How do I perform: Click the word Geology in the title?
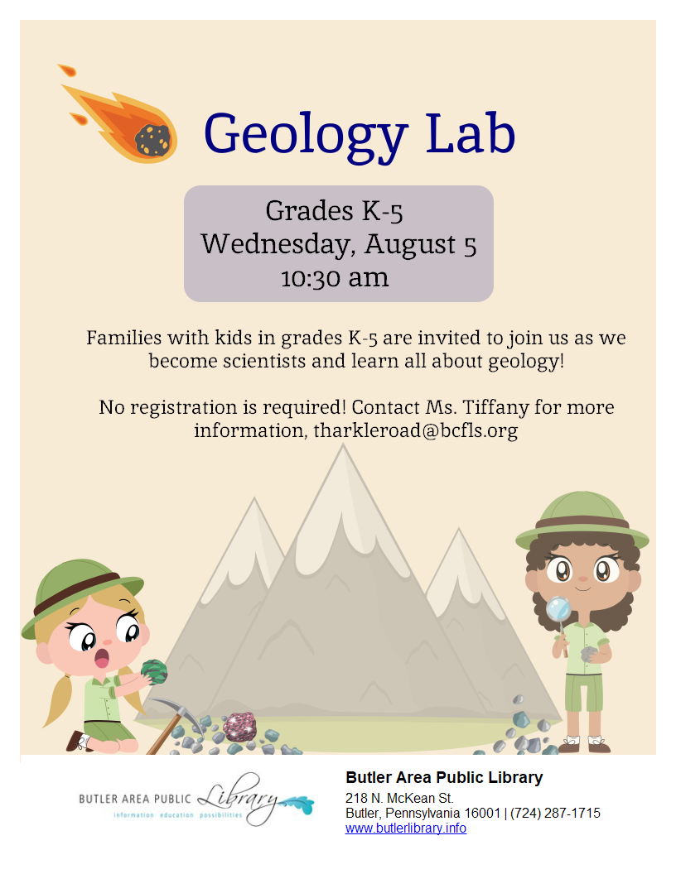tap(306, 136)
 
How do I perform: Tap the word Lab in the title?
tap(471, 133)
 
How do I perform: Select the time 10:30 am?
tap(334, 278)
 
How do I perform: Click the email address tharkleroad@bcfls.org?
tap(416, 431)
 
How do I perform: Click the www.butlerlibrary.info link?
tap(405, 828)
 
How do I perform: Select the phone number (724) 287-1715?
tap(556, 814)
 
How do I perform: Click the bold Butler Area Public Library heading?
tap(444, 777)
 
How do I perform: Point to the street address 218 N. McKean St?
tap(399, 798)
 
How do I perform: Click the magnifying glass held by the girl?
tap(558, 610)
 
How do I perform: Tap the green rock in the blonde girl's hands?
tap(154, 672)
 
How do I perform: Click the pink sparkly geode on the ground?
tap(239, 727)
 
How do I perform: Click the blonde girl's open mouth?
tap(102, 658)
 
